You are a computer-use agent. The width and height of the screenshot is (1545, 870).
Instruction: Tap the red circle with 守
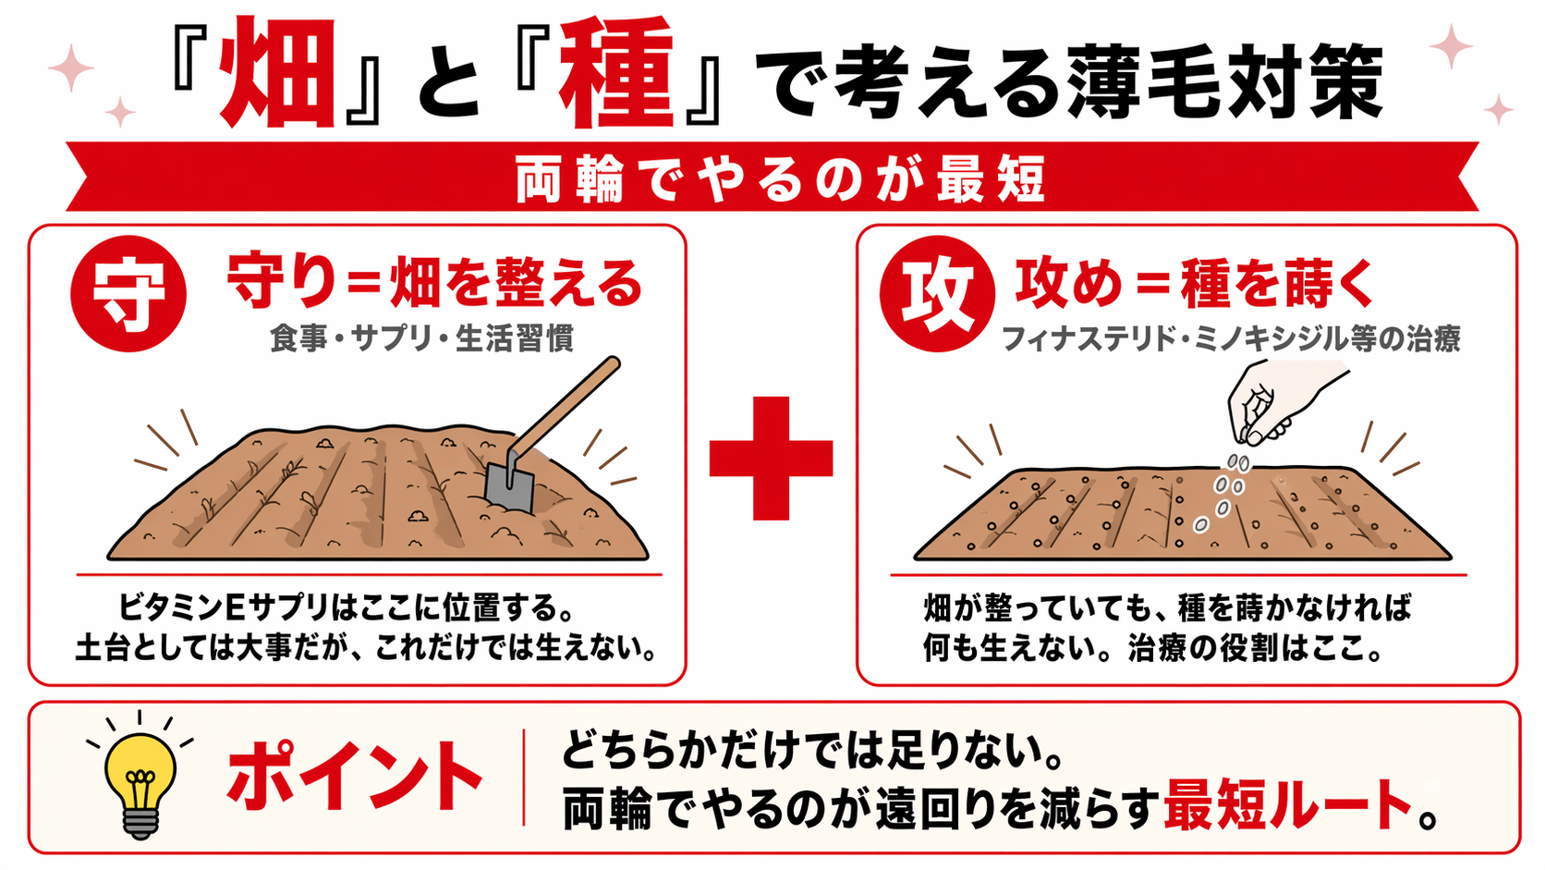coord(128,294)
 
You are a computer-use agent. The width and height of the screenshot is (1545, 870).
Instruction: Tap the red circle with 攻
coord(937,294)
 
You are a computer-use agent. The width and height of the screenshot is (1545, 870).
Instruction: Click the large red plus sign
coord(771,458)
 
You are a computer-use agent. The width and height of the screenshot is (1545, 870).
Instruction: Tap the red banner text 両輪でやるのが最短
coord(780,179)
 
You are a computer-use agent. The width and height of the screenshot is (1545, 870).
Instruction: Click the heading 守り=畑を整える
coord(434,283)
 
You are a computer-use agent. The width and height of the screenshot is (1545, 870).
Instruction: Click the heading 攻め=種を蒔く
coord(1196,283)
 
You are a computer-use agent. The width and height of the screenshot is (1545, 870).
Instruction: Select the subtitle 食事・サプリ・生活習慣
coord(421,338)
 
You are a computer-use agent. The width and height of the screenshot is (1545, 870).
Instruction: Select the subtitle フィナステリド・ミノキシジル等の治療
coord(1231,339)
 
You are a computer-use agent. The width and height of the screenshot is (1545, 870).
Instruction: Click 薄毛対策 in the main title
coord(1225,81)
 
